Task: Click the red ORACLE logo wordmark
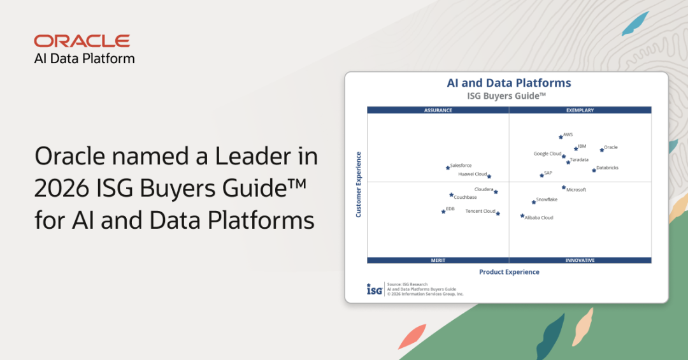(82, 41)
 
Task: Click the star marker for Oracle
(602, 150)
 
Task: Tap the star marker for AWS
(561, 137)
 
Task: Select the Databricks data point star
(594, 170)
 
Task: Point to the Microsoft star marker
(564, 187)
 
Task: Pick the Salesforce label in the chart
(461, 166)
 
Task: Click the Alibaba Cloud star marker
(522, 215)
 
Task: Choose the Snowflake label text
(547, 199)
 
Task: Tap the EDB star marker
(443, 212)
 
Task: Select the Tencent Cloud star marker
(498, 214)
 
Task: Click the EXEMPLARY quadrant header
(580, 110)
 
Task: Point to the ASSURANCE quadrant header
(438, 110)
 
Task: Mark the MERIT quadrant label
(438, 261)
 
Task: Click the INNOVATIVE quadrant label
(580, 261)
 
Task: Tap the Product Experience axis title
(509, 272)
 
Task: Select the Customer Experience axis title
(359, 184)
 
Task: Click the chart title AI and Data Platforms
(509, 83)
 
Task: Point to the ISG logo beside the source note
(375, 289)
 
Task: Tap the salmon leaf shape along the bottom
(412, 336)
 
